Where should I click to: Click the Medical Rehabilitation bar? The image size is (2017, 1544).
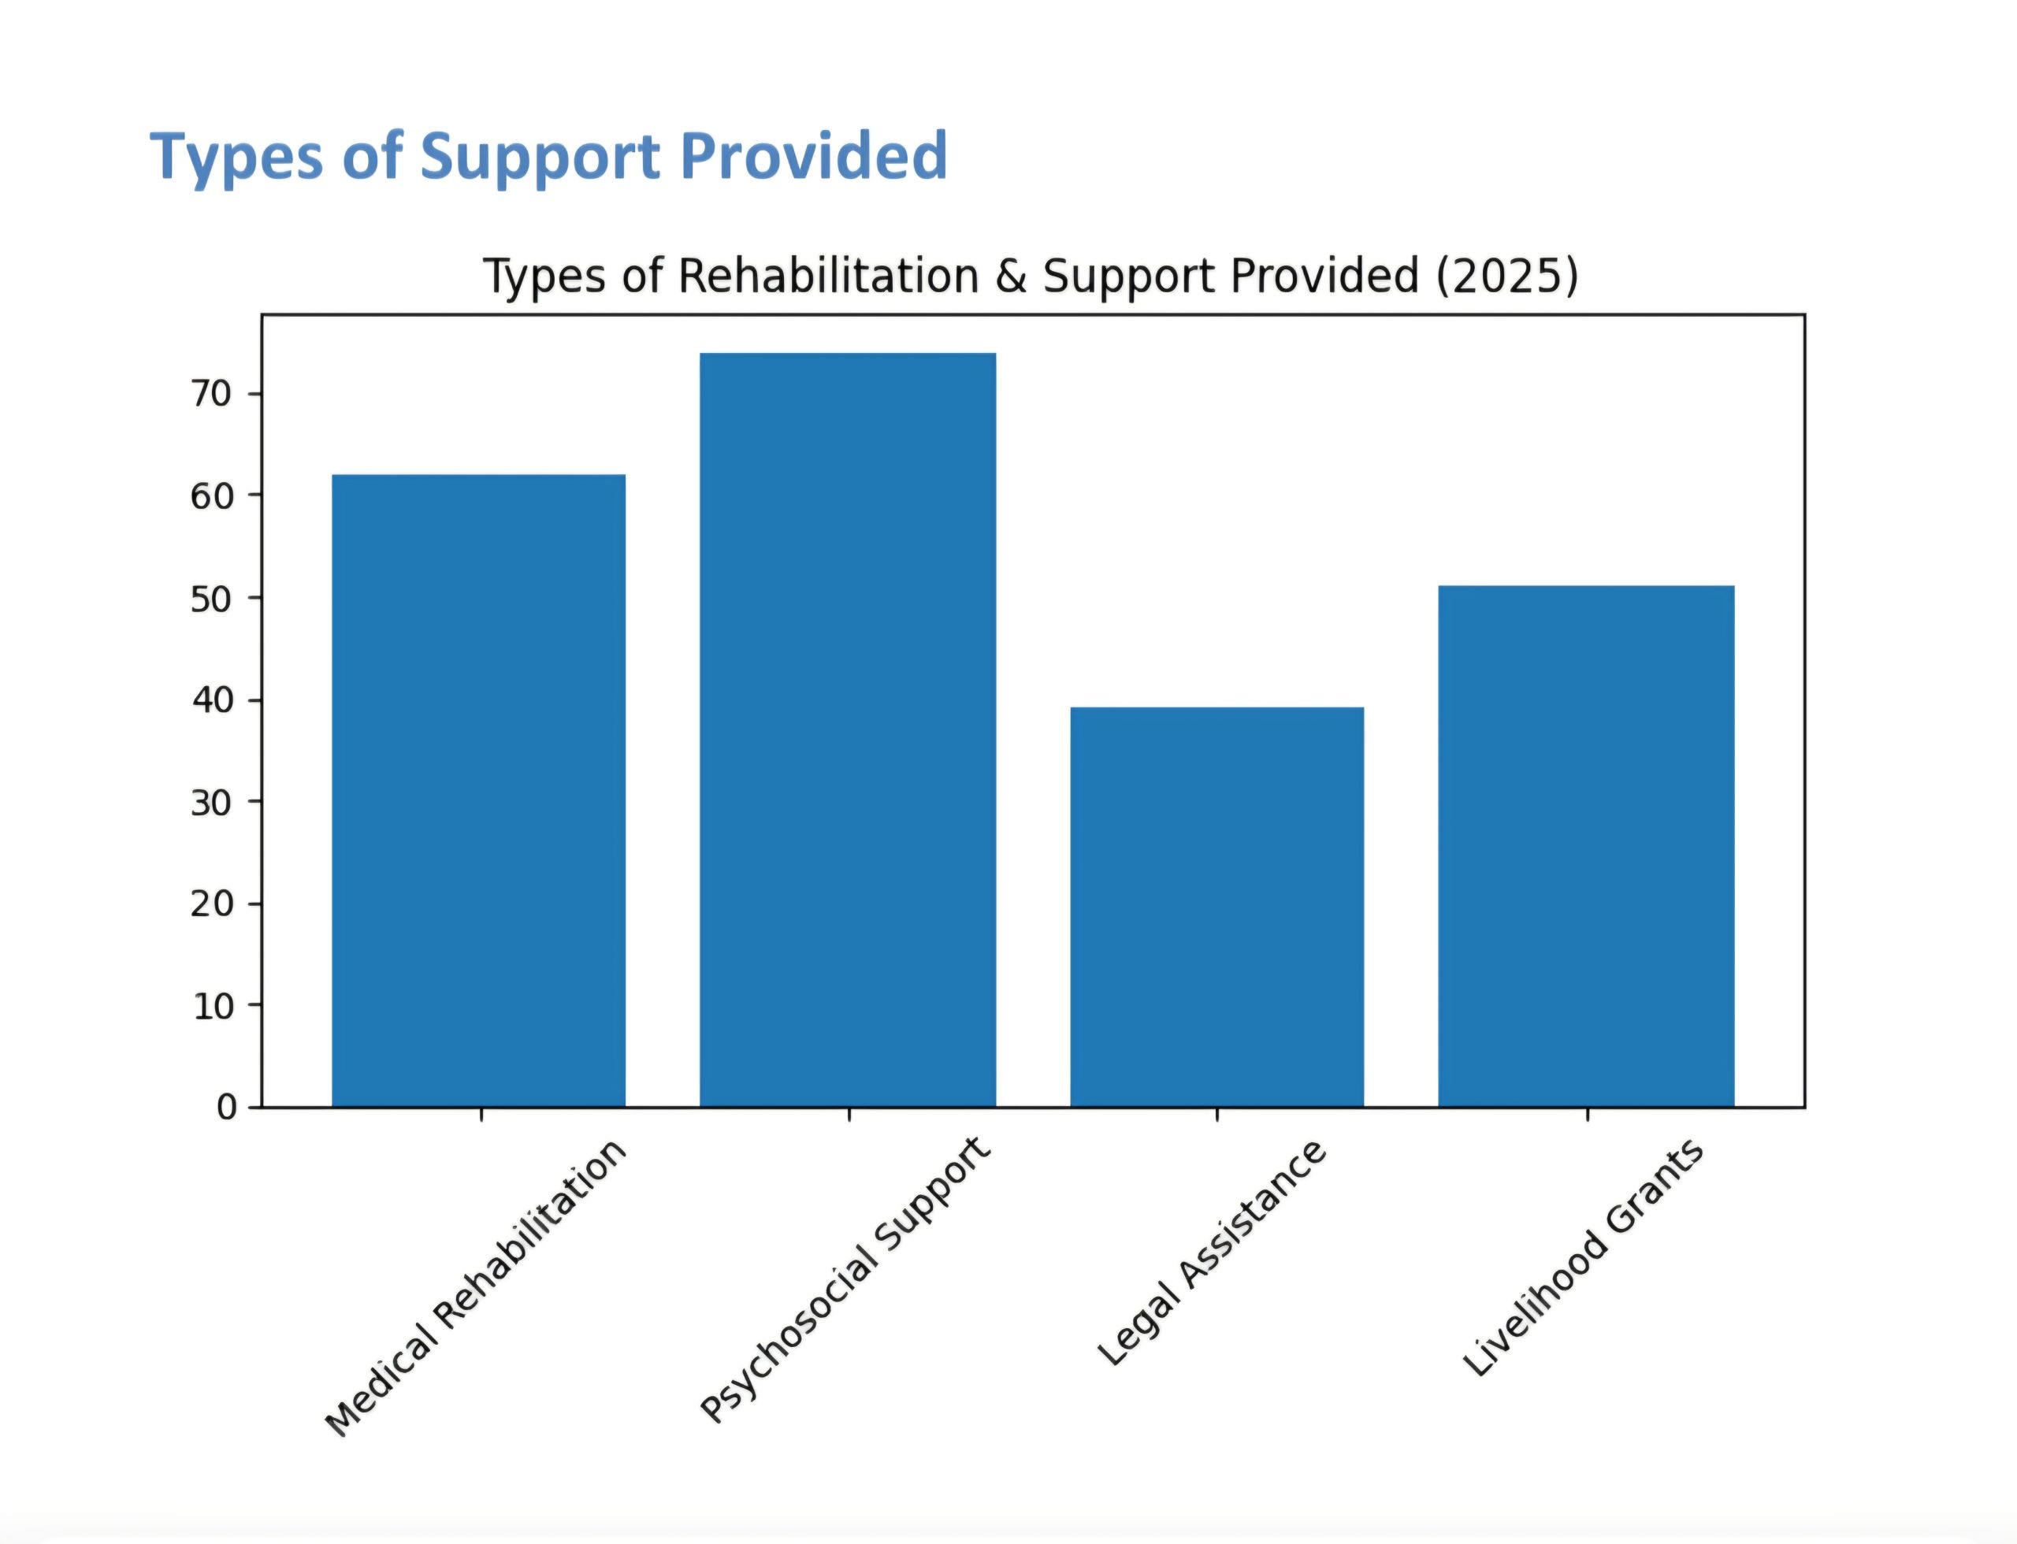point(478,790)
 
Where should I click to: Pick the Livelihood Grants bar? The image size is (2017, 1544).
point(1586,846)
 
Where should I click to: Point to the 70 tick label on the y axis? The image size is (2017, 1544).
point(210,394)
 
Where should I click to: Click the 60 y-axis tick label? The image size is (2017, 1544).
point(210,496)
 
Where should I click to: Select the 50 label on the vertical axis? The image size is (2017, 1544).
point(210,599)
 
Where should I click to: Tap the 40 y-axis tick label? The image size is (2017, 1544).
point(210,700)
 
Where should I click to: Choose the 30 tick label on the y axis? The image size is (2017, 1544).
point(210,802)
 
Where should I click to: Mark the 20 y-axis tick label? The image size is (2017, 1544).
point(210,904)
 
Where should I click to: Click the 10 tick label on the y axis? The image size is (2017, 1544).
point(210,1007)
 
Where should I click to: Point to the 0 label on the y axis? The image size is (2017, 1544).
point(225,1108)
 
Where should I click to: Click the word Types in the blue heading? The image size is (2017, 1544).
point(236,156)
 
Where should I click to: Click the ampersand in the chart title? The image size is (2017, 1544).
point(1010,277)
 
